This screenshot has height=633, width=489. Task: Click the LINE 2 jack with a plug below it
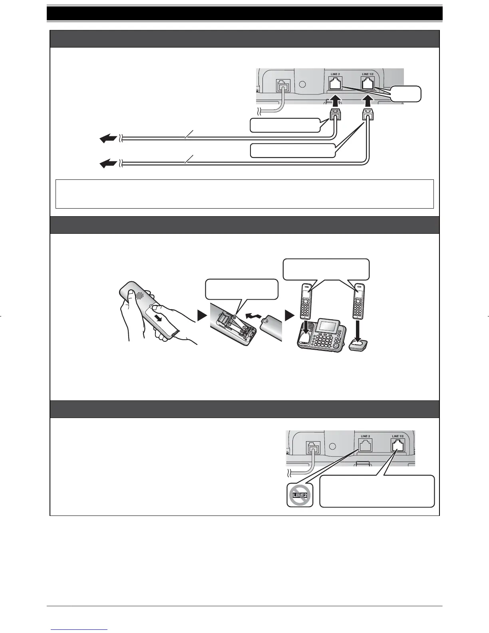[x=335, y=84]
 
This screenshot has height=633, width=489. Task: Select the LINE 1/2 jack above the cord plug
[x=367, y=84]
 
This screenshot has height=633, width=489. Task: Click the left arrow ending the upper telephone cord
[x=108, y=138]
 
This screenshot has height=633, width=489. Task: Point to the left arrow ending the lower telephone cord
[x=108, y=163]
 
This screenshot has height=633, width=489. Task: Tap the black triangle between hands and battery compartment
[x=203, y=316]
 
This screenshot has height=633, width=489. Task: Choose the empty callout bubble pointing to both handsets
[x=326, y=269]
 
